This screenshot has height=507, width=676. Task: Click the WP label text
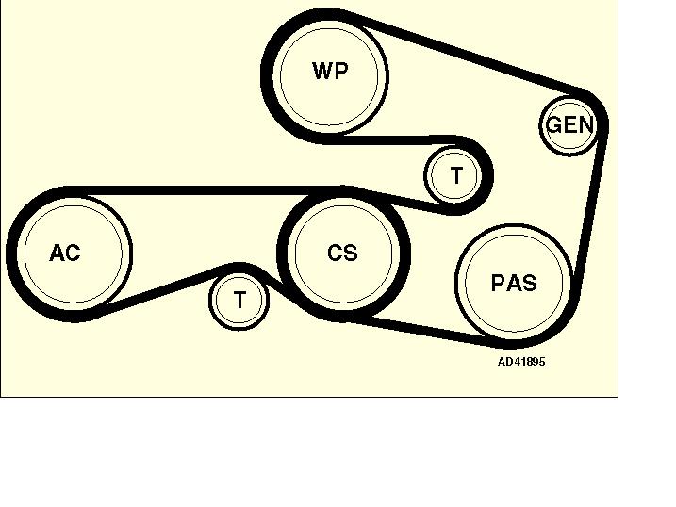[330, 71]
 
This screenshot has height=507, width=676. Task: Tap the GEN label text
[569, 124]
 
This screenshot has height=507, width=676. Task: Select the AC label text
[65, 253]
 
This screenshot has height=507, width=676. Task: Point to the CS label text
[342, 253]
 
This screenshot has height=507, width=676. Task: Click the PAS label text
[514, 283]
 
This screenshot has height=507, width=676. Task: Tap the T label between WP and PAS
[456, 176]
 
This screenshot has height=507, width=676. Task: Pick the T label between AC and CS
[239, 301]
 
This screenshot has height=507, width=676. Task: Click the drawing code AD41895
[521, 362]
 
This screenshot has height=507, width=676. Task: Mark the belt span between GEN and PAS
[593, 217]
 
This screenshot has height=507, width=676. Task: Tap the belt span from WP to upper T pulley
[396, 141]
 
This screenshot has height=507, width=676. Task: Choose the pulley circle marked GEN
[569, 139]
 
